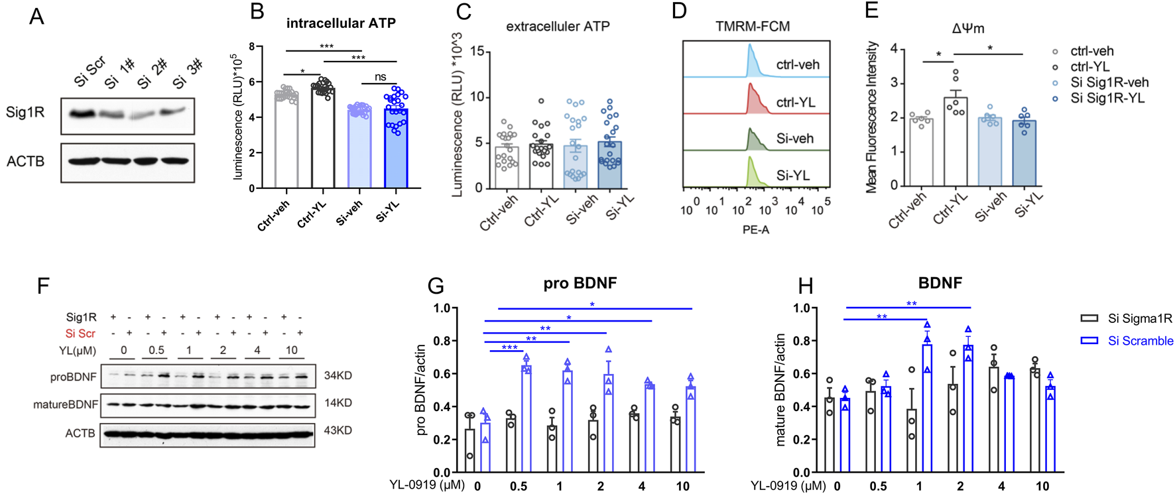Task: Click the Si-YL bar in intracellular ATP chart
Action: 396,149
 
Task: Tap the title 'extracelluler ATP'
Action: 558,27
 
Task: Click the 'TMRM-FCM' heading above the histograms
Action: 753,27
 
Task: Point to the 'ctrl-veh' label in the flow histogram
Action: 798,65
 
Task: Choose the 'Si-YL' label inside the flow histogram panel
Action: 793,176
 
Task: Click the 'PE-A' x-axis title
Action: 755,229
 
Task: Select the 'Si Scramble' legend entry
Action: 1140,341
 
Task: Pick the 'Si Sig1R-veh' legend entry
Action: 1109,83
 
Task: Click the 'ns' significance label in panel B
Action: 380,77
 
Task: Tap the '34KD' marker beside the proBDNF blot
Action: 338,375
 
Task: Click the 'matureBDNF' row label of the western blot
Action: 66,404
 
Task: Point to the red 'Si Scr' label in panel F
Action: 80,334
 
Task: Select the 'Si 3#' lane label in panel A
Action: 186,74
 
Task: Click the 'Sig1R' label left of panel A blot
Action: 25,112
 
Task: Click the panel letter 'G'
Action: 436,286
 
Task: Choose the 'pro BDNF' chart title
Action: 580,283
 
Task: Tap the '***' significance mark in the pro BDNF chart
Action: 509,347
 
